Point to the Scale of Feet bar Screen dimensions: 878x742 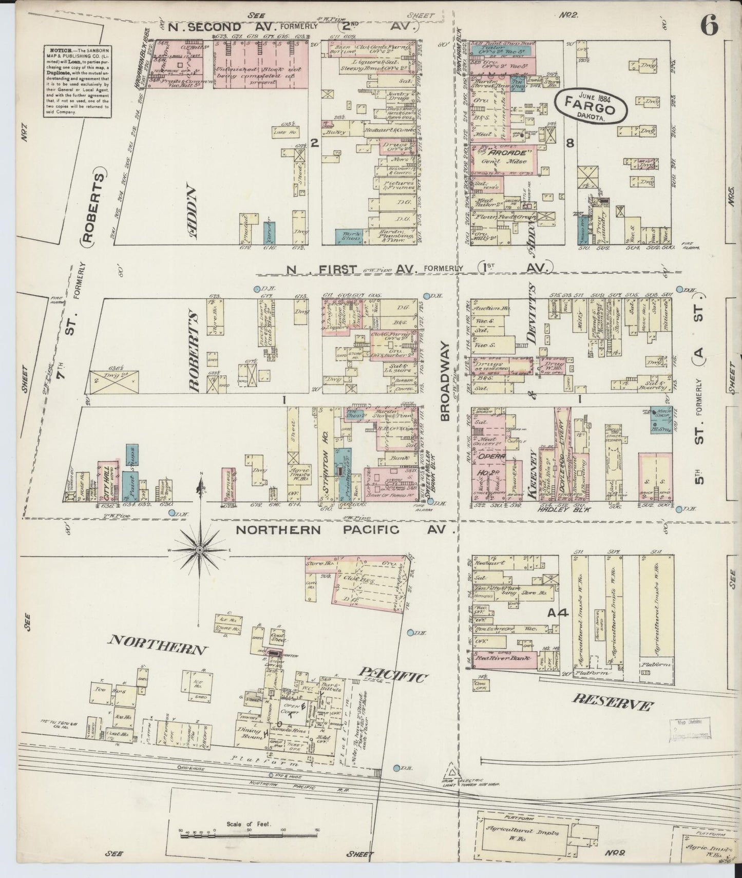click(249, 836)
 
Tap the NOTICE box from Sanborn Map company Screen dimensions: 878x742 click(77, 81)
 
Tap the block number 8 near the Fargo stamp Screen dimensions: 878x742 click(569, 144)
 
